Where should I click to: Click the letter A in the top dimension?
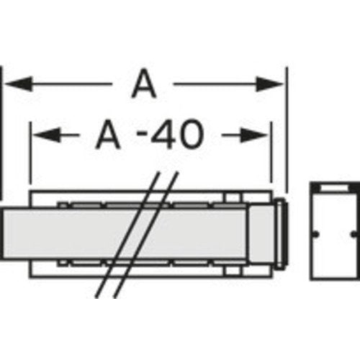pyautogui.click(x=144, y=84)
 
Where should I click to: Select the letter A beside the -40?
pyautogui.click(x=108, y=135)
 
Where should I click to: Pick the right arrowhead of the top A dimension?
pyautogui.click(x=270, y=84)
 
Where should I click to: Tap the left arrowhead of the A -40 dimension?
pyautogui.click(x=46, y=135)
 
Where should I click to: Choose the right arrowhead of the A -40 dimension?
pyautogui.click(x=255, y=135)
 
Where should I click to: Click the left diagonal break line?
pyautogui.click(x=127, y=235)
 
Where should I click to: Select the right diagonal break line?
pyautogui.click(x=146, y=235)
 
